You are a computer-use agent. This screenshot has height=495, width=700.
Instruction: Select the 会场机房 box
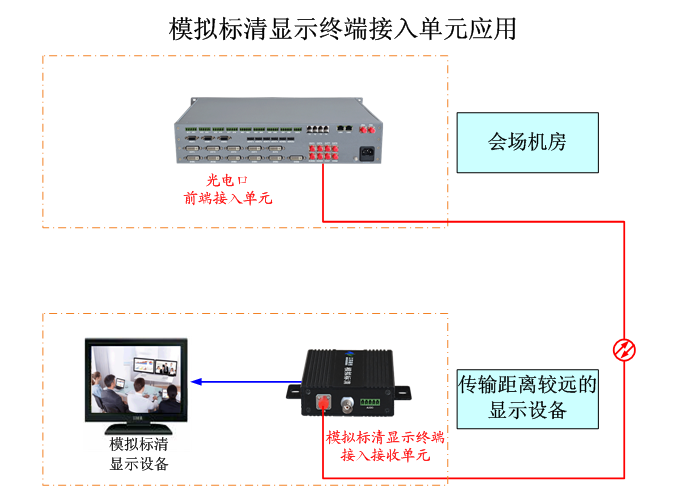tap(527, 142)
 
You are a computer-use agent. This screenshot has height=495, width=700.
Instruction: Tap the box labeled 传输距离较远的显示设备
tap(527, 397)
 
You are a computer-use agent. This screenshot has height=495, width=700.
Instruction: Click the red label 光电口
tap(226, 180)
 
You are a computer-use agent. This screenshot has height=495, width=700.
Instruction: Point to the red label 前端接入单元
tap(228, 198)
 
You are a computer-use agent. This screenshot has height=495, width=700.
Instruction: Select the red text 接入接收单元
tap(385, 455)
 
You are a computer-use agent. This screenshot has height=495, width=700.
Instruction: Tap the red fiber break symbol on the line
tap(624, 349)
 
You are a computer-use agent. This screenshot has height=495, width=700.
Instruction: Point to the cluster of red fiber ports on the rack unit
tap(325, 153)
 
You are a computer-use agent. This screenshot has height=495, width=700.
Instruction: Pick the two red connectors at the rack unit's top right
tap(369, 129)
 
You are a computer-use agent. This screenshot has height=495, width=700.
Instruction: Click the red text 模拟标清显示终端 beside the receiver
tap(385, 438)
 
